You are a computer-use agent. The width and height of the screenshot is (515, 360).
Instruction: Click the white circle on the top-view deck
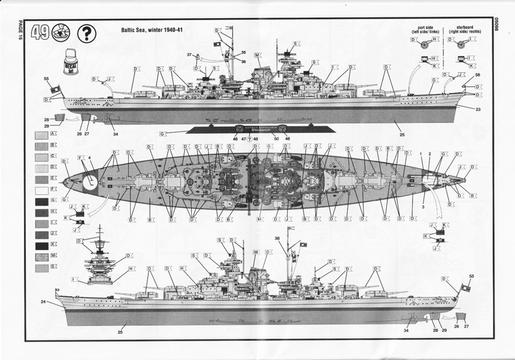[90, 182]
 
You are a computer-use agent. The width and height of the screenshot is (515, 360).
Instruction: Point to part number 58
[478, 76]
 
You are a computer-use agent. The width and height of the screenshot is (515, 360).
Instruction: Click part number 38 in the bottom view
[277, 238]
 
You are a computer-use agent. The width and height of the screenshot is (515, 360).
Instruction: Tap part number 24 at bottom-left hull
[43, 301]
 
